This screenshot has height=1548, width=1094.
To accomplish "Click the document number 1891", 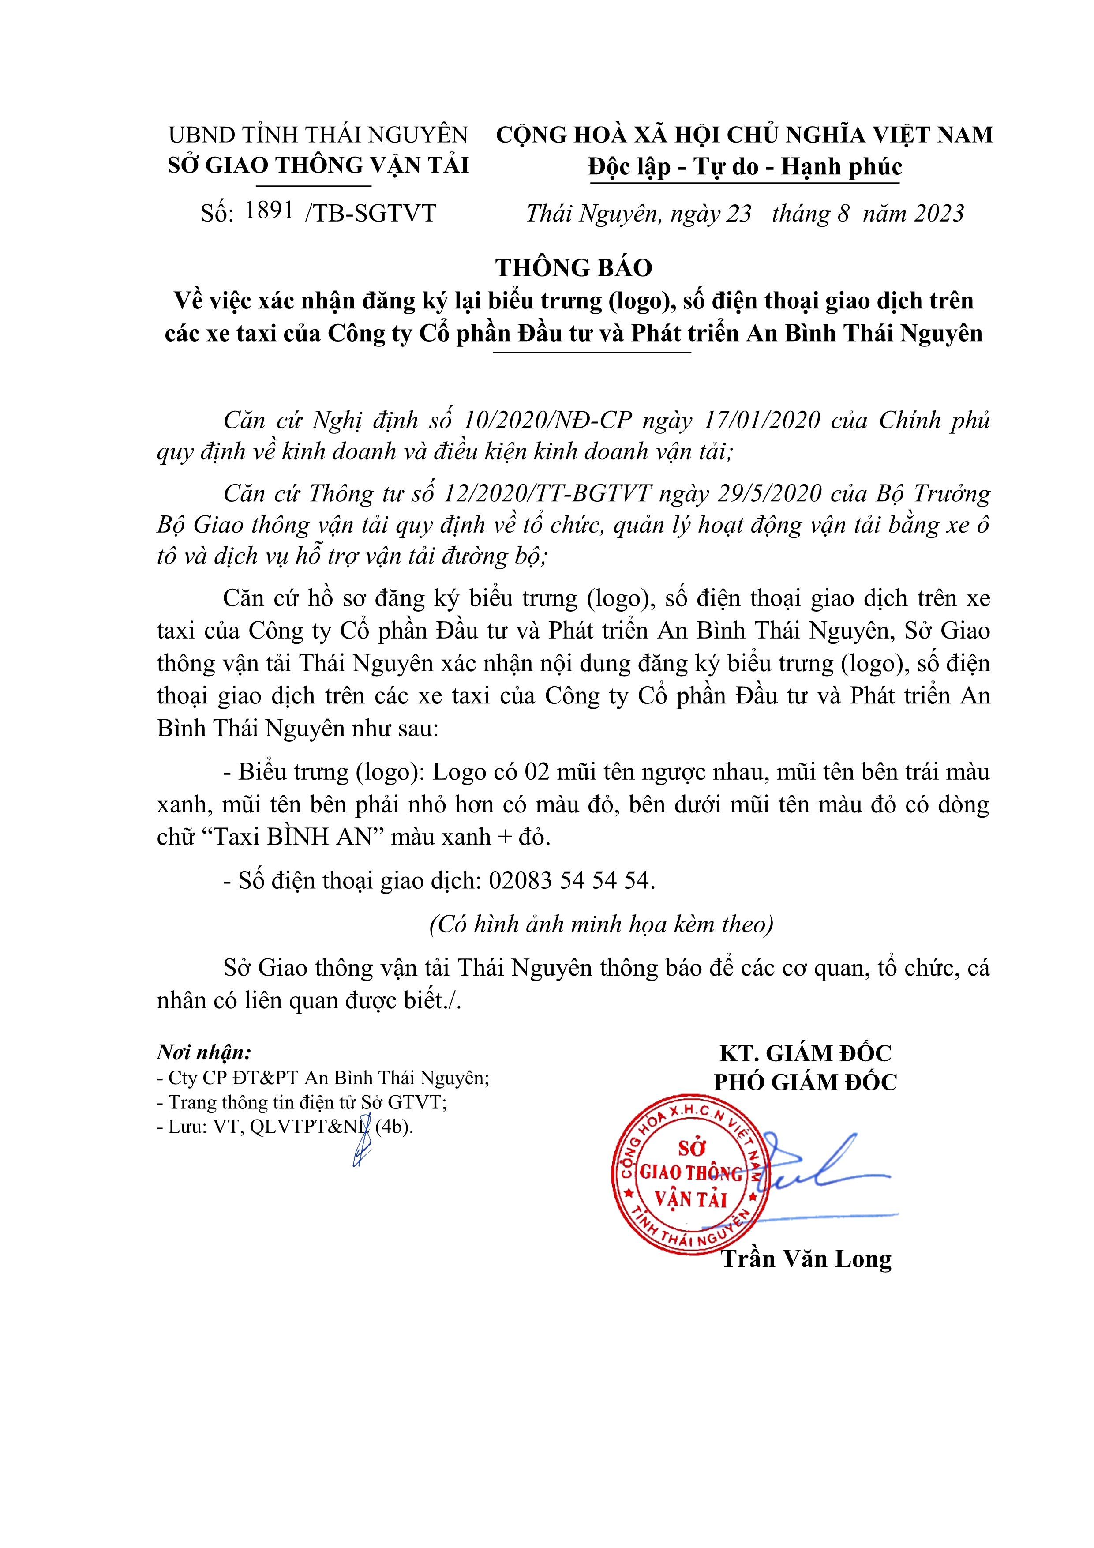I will tap(269, 210).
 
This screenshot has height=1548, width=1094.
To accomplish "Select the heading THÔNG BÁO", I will tap(573, 268).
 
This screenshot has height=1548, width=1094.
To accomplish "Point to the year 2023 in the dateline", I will tap(939, 213).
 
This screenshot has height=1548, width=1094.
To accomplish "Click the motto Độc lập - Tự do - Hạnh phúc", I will tap(744, 166).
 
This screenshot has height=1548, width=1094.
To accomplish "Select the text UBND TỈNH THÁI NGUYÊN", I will tap(318, 135).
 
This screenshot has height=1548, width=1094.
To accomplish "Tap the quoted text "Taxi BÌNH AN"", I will tap(292, 836).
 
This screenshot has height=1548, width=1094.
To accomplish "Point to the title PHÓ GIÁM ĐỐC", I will tap(806, 1082).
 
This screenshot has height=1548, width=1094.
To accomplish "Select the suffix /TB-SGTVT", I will tap(371, 213).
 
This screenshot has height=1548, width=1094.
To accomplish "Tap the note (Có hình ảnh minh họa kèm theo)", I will tap(601, 924).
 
